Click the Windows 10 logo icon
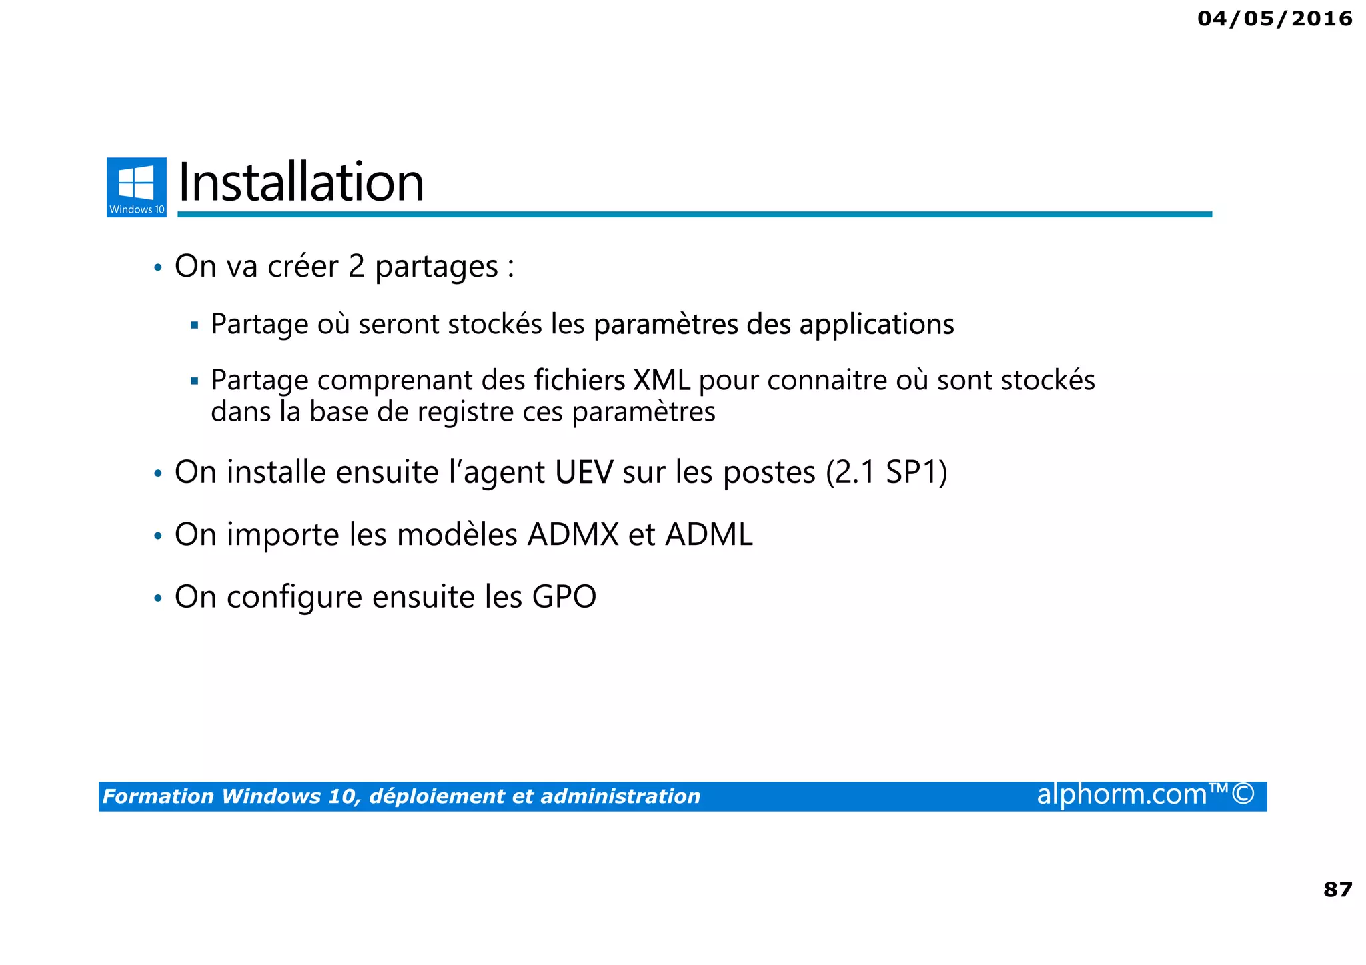136,187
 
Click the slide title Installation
301,183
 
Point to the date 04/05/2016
1275,19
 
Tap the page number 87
1337,889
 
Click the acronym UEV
584,472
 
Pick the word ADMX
574,535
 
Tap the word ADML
709,535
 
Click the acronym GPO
564,597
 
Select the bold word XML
661,381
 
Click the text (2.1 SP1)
886,472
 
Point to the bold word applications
876,325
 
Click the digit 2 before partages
356,267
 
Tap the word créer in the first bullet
303,267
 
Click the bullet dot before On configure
158,598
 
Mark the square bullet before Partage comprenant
195,382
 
